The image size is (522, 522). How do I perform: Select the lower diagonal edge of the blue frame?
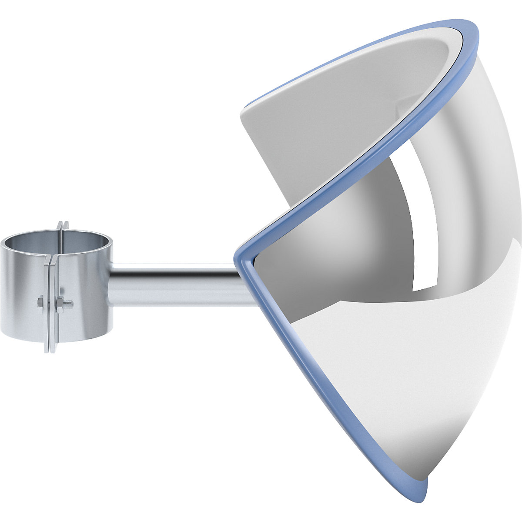[331, 374]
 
